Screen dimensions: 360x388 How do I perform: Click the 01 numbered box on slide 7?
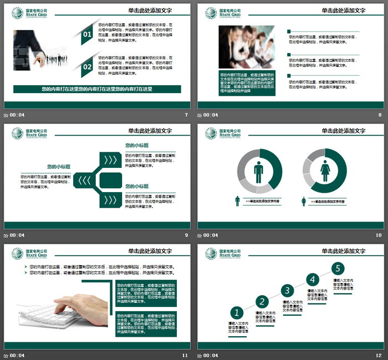(87, 35)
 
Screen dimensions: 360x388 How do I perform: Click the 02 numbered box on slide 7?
(87, 66)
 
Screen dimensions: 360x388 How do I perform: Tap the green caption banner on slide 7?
(97, 89)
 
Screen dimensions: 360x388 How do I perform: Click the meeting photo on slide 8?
(238, 47)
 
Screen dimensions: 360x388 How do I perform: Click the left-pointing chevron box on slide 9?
(85, 180)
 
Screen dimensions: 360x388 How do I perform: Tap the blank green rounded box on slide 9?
(111, 180)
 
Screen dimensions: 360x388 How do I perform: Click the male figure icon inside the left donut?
(259, 172)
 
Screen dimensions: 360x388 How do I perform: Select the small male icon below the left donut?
(238, 201)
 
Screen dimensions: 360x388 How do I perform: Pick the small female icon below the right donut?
(304, 202)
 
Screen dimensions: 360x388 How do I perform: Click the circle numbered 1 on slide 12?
(237, 313)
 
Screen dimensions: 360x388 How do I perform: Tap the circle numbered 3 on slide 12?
(287, 290)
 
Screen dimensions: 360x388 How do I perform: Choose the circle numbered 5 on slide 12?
(338, 269)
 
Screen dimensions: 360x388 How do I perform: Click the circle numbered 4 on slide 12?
(313, 279)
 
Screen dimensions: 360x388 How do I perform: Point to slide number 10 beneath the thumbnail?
(379, 235)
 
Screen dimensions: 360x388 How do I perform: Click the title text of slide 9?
(150, 131)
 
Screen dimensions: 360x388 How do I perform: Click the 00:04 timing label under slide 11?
(17, 355)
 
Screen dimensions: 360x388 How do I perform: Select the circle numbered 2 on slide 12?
(262, 301)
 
